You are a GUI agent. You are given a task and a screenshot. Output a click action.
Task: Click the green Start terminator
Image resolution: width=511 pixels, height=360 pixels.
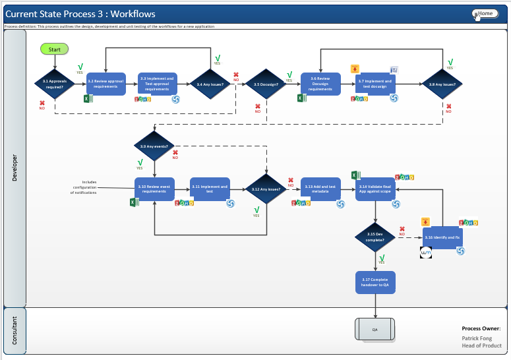pyautogui.click(x=54, y=49)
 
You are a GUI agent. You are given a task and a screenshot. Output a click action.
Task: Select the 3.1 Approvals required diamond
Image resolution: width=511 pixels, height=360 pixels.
pyautogui.click(x=54, y=84)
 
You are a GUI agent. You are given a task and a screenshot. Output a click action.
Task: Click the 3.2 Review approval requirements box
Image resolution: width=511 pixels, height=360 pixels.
pyautogui.click(x=105, y=84)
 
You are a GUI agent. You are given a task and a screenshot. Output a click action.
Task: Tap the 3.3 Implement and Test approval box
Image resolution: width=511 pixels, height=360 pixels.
pyautogui.click(x=157, y=84)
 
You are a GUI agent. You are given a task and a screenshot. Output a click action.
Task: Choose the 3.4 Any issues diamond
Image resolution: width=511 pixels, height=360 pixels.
pyautogui.click(x=210, y=84)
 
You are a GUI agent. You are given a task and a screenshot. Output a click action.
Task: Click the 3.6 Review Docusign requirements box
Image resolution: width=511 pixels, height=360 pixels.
pyautogui.click(x=320, y=84)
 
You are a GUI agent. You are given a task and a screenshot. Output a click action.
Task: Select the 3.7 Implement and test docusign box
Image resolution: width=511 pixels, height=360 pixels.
pyautogui.click(x=375, y=84)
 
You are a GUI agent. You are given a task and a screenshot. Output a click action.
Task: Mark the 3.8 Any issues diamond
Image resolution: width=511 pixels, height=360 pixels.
pyautogui.click(x=441, y=84)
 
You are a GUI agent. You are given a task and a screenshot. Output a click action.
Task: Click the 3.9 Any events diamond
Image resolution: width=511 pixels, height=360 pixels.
pyautogui.click(x=154, y=146)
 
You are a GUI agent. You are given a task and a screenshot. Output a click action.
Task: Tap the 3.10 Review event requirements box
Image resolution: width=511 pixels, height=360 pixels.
pyautogui.click(x=154, y=189)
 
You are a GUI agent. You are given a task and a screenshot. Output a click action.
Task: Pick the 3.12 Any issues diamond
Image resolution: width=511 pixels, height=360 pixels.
pyautogui.click(x=266, y=189)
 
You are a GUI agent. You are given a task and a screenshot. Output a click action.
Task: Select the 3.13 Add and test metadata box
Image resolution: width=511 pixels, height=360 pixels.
pyautogui.click(x=320, y=189)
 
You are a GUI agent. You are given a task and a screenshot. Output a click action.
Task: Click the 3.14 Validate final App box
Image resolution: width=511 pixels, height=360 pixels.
pyautogui.click(x=375, y=189)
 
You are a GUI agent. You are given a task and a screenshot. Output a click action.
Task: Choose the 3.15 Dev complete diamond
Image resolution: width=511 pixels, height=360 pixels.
pyautogui.click(x=375, y=237)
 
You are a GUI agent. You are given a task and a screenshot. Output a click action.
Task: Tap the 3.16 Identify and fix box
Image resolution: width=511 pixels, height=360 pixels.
pyautogui.click(x=442, y=237)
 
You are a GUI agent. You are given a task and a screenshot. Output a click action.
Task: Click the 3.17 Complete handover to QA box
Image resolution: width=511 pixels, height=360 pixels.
pyautogui.click(x=375, y=282)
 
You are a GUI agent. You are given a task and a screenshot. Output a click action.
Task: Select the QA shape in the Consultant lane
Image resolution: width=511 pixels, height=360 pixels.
pyautogui.click(x=375, y=329)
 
